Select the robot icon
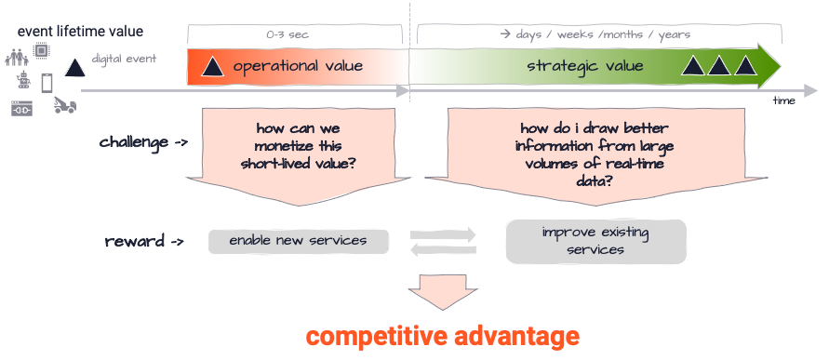(x=23, y=82)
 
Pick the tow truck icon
(x=64, y=105)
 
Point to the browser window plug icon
(x=21, y=109)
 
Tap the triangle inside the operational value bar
(x=212, y=67)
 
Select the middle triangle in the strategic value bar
(x=718, y=66)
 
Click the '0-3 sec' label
(x=287, y=34)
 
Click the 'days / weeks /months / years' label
(x=595, y=34)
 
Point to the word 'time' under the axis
(x=783, y=100)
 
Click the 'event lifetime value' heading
(x=81, y=31)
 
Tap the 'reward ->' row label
(x=144, y=242)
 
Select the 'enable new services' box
(x=297, y=241)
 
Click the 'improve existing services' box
(x=595, y=241)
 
